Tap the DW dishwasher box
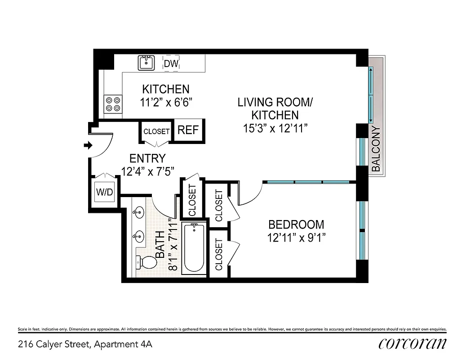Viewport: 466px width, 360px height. [171, 63]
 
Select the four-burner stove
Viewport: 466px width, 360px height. [113, 104]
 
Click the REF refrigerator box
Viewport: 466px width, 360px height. [188, 130]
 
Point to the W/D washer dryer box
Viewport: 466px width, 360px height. [104, 192]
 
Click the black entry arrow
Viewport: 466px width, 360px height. [88, 145]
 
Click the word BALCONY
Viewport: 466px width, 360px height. [376, 149]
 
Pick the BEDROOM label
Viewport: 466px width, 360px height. [296, 224]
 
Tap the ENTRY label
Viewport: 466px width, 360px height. [147, 158]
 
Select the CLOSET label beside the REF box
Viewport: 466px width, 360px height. [156, 131]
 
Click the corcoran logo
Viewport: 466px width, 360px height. [412, 344]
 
